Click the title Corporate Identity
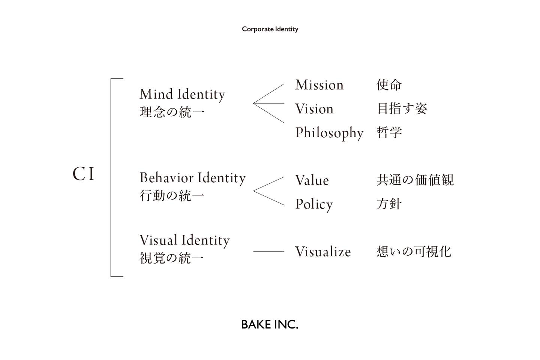270,29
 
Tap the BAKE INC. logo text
270,324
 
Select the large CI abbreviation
84,174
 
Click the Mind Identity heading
182,94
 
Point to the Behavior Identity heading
192,178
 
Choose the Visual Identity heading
184,240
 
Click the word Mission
319,85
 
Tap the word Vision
314,109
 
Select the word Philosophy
329,133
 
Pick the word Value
312,180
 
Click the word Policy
314,204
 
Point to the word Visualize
323,252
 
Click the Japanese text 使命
389,85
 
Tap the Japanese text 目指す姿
402,109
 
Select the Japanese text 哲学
389,132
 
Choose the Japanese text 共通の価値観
415,180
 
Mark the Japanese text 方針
389,204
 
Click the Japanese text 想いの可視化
414,252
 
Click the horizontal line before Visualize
268,252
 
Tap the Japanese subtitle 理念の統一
172,112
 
